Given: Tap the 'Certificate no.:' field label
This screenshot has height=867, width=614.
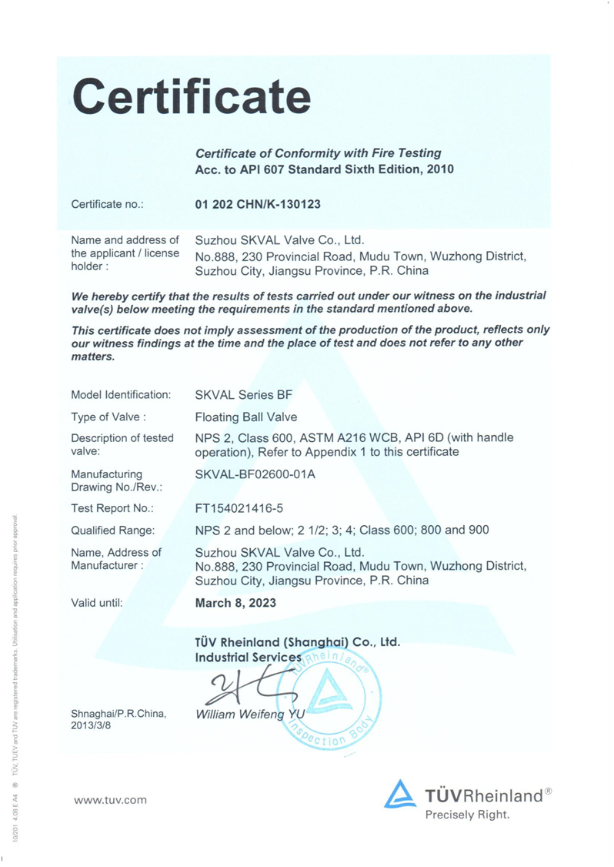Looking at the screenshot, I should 108,205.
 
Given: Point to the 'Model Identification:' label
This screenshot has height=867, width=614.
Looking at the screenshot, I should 121,395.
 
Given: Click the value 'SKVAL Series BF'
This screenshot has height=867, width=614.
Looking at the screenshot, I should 244,395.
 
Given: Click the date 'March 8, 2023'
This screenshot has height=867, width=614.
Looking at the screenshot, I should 236,603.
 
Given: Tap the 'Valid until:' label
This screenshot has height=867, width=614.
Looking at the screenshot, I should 97,603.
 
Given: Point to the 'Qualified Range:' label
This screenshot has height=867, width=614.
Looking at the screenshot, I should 113,531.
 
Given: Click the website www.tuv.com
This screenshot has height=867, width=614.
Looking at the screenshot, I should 110,800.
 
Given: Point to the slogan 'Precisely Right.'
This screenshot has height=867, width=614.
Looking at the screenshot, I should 467,815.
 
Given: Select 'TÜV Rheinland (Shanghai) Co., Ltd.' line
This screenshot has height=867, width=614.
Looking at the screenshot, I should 298,641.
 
